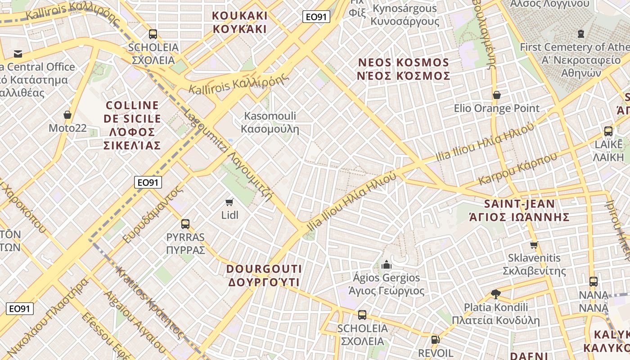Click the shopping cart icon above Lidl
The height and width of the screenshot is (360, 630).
[x=229, y=202]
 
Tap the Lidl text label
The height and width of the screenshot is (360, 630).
[x=229, y=215]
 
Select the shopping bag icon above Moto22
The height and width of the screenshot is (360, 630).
[x=67, y=115]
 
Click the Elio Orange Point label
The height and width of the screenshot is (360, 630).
[x=496, y=108]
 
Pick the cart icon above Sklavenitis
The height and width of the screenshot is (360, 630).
[x=534, y=245]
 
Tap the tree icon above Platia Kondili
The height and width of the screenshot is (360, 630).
[x=496, y=294]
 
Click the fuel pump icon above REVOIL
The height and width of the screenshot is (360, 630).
[x=435, y=340]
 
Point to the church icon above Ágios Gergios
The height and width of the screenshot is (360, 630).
[x=386, y=265]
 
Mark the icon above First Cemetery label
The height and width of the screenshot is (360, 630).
[x=581, y=33]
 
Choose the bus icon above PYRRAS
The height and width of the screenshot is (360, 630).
[x=185, y=224]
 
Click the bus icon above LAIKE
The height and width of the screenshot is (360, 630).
[x=608, y=131]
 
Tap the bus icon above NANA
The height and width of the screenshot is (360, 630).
[x=594, y=282]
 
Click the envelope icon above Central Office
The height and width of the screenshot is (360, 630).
[x=18, y=54]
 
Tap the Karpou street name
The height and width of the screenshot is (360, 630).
[x=517, y=168]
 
